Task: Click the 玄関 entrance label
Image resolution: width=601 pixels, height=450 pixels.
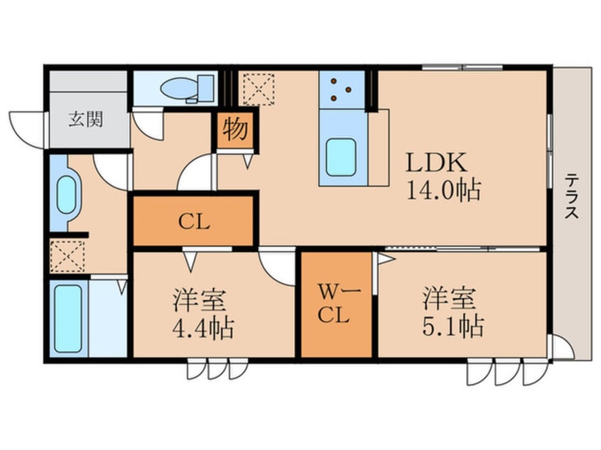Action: (x=85, y=119)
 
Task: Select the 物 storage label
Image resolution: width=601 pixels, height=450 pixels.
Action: (x=235, y=130)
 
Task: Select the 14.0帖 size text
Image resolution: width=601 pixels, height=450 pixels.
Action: (x=443, y=191)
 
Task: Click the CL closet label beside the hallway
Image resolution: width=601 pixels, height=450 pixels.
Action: (x=193, y=222)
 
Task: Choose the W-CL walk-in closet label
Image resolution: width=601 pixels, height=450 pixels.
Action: (x=335, y=303)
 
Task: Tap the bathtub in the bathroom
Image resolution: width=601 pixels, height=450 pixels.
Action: (x=69, y=318)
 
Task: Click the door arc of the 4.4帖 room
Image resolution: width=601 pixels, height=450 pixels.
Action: (x=276, y=266)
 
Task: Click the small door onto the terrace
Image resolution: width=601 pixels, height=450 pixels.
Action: (x=561, y=349)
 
